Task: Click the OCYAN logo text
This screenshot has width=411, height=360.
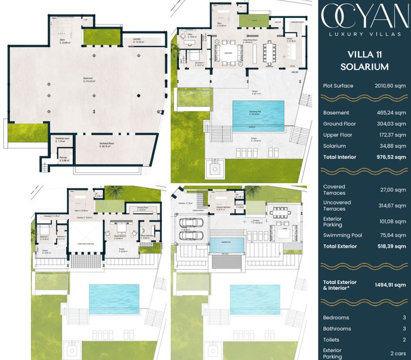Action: pyautogui.click(x=365, y=17)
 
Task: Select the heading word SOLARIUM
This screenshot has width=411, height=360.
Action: pyautogui.click(x=364, y=67)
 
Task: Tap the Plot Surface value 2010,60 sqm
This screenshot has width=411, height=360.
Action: pyautogui.click(x=390, y=86)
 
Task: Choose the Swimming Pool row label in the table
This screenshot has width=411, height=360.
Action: pyautogui.click(x=343, y=235)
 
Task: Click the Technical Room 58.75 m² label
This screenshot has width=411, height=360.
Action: pyautogui.click(x=107, y=146)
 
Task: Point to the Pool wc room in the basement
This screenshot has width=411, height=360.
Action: pyautogui.click(x=64, y=159)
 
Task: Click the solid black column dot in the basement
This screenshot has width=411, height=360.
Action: pyautogui.click(x=138, y=96)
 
